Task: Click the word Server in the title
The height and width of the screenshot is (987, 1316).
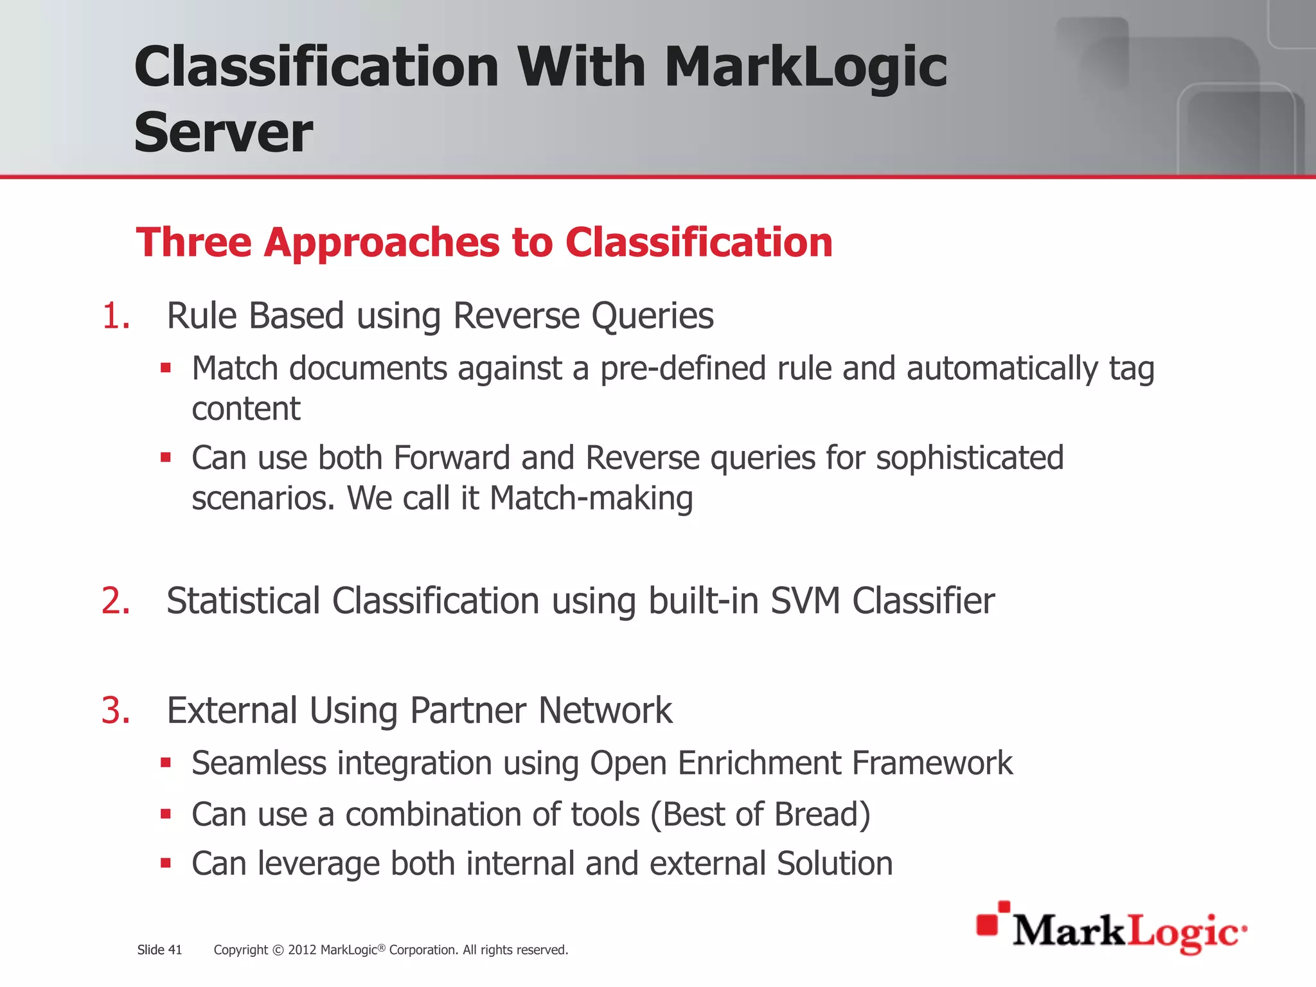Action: coord(223,132)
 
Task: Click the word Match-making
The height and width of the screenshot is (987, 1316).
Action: coord(591,498)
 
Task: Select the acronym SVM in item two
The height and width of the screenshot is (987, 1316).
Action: coord(805,601)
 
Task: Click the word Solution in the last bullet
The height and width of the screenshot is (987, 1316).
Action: coord(834,863)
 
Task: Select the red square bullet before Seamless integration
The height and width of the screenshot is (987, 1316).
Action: coord(166,763)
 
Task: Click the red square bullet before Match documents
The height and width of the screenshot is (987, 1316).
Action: coord(166,369)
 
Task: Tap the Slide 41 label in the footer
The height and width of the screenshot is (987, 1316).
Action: coord(159,950)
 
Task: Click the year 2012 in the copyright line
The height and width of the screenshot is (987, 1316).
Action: coord(301,950)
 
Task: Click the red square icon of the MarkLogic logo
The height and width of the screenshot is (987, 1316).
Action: coord(988,924)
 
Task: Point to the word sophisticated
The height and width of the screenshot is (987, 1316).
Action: coord(969,458)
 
